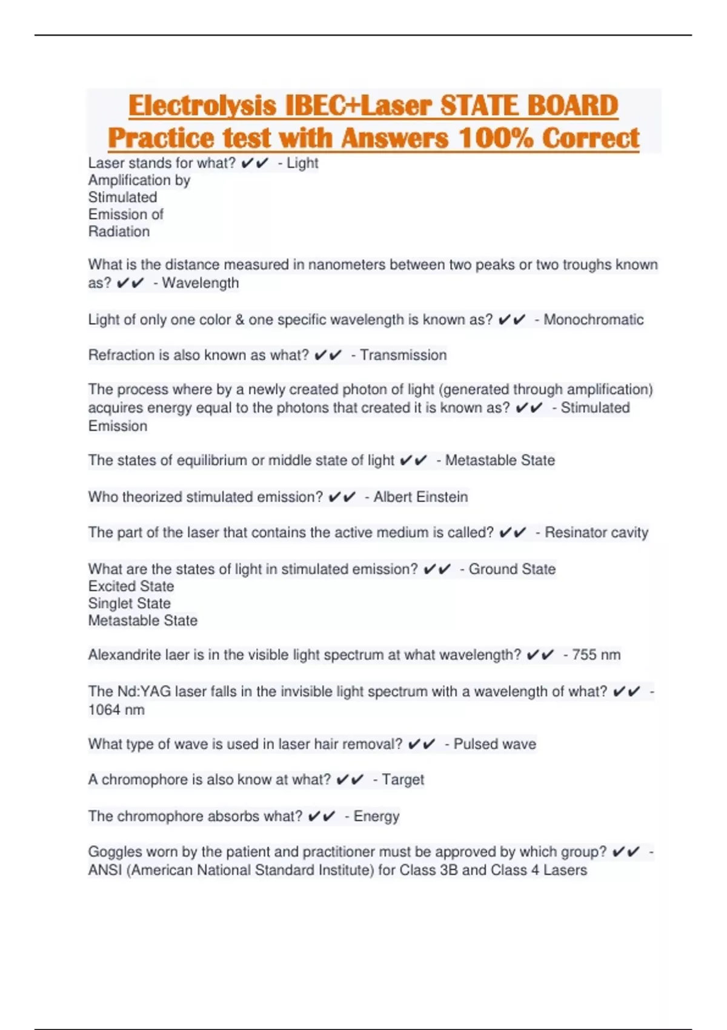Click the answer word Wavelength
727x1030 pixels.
pos(201,283)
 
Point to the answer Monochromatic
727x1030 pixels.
pos(593,319)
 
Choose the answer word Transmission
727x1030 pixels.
pos(403,355)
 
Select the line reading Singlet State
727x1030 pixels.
pos(129,603)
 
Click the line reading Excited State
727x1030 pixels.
pos(131,586)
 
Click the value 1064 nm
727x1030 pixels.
pos(116,710)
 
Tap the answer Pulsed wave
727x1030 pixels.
pos(494,744)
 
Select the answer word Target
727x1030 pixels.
pos(403,780)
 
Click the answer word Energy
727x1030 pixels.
pos(376,816)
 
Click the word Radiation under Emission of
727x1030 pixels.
pos(119,231)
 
